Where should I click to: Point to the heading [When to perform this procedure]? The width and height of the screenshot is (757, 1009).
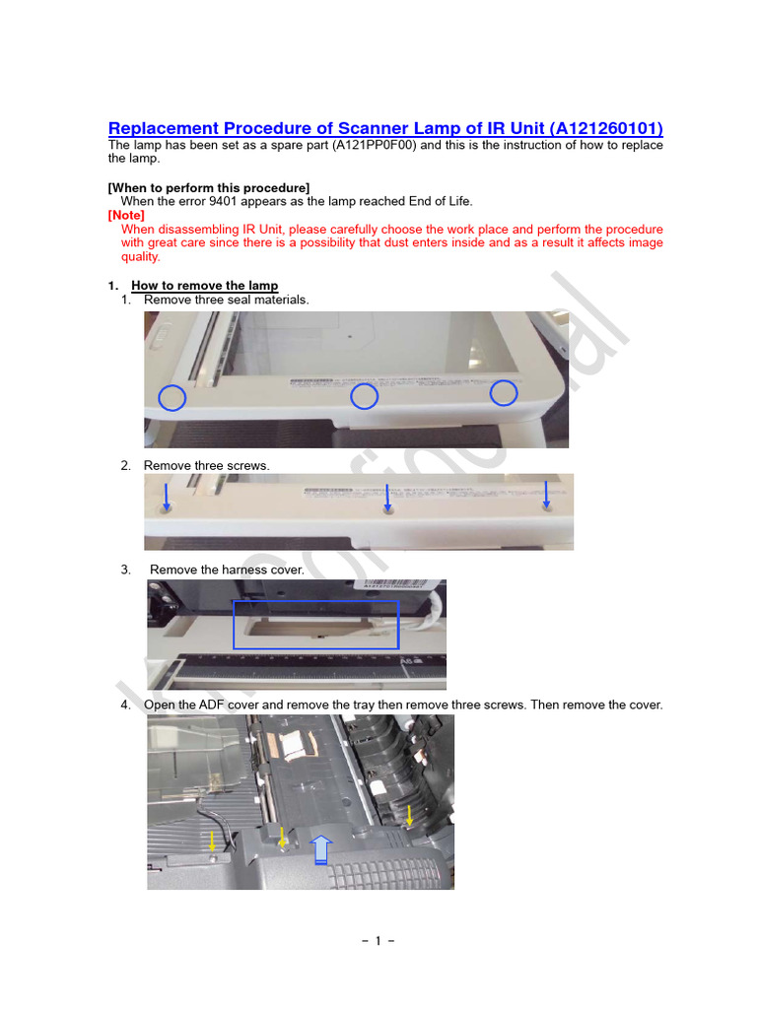coord(209,187)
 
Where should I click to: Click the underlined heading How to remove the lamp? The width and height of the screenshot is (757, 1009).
coord(204,286)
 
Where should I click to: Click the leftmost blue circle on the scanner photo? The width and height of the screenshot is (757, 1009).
coord(172,398)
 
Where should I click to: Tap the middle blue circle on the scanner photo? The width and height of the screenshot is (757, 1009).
coord(365,396)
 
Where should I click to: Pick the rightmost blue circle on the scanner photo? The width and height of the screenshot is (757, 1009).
coord(504,392)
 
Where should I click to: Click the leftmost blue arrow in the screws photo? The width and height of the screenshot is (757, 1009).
coord(166,496)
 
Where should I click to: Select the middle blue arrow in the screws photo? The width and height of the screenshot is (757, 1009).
coord(388,496)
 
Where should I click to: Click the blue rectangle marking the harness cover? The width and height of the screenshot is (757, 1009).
coord(315,625)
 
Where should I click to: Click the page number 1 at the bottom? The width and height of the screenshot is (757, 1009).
coord(378,940)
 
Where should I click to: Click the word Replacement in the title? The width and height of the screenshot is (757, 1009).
coord(164,129)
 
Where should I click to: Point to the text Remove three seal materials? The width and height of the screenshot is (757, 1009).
coord(226,300)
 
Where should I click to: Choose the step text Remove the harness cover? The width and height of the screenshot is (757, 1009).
coord(227,570)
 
